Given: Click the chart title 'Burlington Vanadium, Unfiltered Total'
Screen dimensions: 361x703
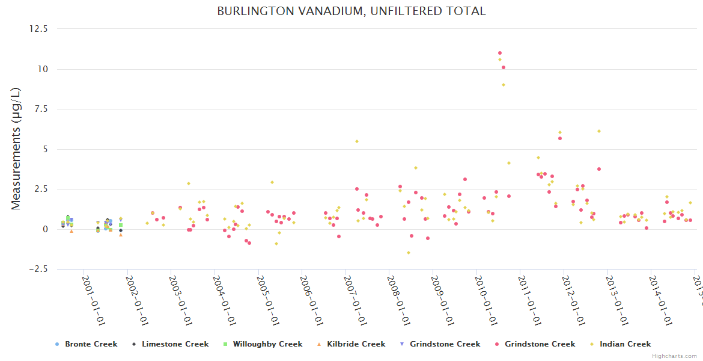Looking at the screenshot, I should coord(351,11).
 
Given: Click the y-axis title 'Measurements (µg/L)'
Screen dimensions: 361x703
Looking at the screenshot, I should coord(16,149).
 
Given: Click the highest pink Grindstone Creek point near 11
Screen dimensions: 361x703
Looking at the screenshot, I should coord(500,53).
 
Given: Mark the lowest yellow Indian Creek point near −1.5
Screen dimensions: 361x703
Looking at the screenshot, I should coord(409,253).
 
